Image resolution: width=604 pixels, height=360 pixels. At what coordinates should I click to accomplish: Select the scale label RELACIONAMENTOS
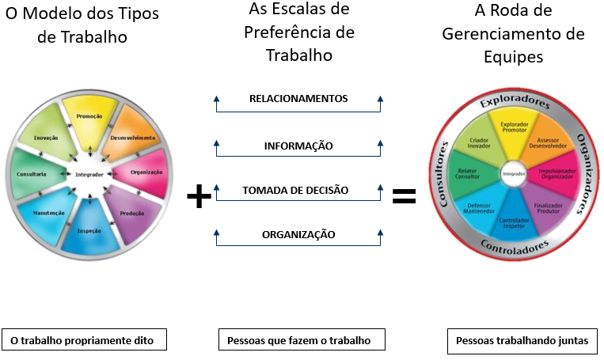click(x=298, y=99)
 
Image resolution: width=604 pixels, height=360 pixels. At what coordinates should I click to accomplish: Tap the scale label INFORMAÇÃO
click(x=298, y=146)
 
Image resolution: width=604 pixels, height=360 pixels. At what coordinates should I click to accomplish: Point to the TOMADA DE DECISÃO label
click(x=295, y=190)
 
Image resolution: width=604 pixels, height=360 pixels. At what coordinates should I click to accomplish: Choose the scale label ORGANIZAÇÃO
click(x=298, y=234)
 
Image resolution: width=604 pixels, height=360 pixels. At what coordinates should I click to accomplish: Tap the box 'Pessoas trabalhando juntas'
click(x=522, y=341)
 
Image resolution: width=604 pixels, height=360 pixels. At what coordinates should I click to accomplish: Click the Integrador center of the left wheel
click(x=89, y=174)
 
